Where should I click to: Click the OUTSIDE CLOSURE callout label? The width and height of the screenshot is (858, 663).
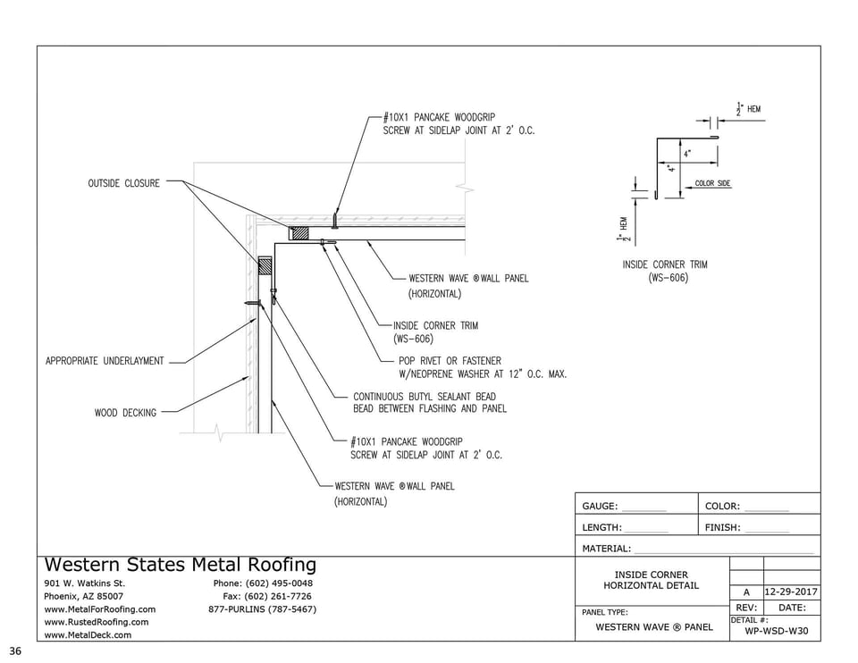tap(123, 183)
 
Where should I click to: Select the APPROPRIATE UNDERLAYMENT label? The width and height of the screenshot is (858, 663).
tap(105, 361)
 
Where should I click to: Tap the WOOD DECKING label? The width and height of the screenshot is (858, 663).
tap(125, 413)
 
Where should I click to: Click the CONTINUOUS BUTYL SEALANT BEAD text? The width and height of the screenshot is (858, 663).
tap(424, 397)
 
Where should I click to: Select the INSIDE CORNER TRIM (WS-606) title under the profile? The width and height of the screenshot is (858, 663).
tap(666, 271)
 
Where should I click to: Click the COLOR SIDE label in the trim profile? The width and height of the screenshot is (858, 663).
tap(712, 184)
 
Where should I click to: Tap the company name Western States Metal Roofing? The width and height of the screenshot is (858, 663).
tap(180, 565)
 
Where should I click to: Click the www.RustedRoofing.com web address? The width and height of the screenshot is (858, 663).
tap(97, 622)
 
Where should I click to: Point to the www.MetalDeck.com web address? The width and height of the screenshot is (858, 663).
tap(88, 634)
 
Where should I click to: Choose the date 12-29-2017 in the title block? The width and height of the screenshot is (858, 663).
tap(790, 592)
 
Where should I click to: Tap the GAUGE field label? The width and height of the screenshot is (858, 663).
tap(600, 507)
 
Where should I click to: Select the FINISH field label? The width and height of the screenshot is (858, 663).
tap(722, 528)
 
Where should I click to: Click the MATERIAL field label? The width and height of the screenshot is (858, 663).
tap(606, 549)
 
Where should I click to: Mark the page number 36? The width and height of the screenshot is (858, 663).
tap(15, 650)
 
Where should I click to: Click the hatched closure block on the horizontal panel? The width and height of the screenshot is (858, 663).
tap(299, 233)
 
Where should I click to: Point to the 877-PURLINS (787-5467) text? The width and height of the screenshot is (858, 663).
tap(262, 609)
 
